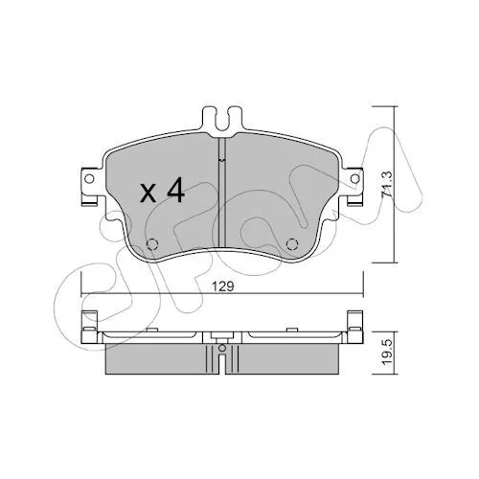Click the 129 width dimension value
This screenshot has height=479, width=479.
[x=222, y=286]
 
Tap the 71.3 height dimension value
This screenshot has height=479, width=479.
[x=387, y=184]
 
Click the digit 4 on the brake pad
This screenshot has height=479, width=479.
[x=175, y=191]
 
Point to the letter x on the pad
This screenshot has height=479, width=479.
[x=148, y=194]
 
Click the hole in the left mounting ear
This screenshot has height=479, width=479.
[x=90, y=179]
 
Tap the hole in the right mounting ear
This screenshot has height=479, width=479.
[x=354, y=179]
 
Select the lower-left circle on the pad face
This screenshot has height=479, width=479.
[x=152, y=244]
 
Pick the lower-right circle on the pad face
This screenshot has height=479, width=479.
[x=292, y=244]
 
